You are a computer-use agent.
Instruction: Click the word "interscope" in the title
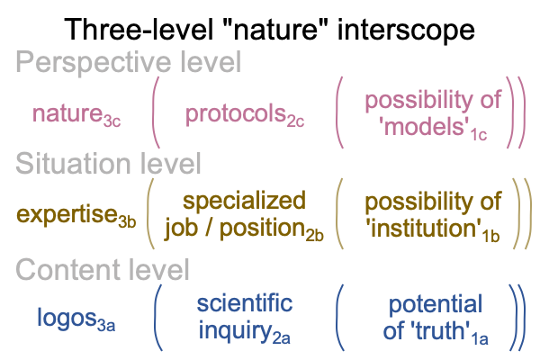[406, 30]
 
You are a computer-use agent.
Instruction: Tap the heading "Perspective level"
[129, 62]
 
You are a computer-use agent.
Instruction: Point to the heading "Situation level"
[108, 163]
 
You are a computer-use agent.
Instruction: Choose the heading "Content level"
[103, 269]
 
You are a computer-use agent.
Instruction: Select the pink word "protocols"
[236, 114]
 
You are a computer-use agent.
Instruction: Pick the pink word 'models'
[424, 126]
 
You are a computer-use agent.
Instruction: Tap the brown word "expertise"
[66, 214]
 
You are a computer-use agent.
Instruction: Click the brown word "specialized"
[244, 201]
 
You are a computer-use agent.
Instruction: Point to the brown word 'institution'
[423, 229]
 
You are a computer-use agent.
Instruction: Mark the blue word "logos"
[67, 319]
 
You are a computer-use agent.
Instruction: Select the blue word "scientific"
[245, 303]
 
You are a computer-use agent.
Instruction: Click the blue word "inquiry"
[235, 331]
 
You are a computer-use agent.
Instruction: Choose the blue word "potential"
[436, 304]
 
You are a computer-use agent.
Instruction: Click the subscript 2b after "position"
[314, 236]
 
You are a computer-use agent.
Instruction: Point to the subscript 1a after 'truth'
[481, 339]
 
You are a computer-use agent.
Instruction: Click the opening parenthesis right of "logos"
[157, 318]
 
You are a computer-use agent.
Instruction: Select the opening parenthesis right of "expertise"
[150, 213]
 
